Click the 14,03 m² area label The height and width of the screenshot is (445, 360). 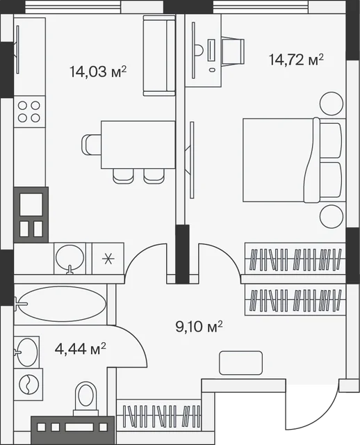click(98, 71)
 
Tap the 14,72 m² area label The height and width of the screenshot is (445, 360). click(296, 60)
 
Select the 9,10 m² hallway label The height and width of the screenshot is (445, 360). click(199, 327)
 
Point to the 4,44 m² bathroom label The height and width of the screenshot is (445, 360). click(81, 349)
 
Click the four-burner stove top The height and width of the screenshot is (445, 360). click(29, 111)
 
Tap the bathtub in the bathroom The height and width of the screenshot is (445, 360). click(62, 304)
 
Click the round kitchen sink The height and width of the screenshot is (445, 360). click(69, 259)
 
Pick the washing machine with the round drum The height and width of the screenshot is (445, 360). click(28, 385)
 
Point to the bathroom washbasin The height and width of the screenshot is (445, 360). click(26, 353)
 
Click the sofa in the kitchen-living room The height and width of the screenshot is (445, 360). click(159, 56)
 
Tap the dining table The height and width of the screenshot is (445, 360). click(138, 145)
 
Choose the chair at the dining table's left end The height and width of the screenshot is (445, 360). click(91, 145)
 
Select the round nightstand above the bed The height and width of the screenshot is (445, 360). click(332, 104)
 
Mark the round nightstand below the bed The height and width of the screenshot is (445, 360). click(332, 216)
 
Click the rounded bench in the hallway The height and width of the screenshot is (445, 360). click(241, 363)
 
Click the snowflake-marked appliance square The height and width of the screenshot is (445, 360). click(108, 259)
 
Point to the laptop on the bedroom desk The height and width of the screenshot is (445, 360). click(211, 50)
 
